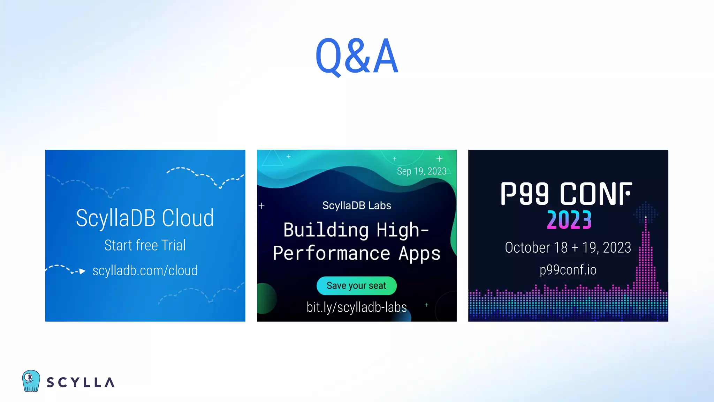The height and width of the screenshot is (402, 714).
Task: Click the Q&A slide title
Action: click(x=357, y=57)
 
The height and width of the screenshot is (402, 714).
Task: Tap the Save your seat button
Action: click(x=356, y=286)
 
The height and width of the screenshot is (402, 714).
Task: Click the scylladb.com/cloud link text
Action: click(x=145, y=271)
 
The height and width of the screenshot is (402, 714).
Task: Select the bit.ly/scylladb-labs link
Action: click(x=356, y=307)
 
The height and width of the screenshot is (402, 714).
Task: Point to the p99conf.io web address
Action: click(x=568, y=270)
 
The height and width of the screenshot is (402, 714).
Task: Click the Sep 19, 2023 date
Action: click(x=421, y=171)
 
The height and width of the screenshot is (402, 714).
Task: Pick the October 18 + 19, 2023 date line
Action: click(x=568, y=248)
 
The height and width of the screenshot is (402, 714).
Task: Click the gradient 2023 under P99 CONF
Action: click(x=569, y=220)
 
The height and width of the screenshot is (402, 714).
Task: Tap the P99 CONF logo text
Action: click(x=566, y=194)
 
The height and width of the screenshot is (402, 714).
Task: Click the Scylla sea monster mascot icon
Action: click(x=31, y=381)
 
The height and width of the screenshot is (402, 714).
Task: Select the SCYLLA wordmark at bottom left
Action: click(x=81, y=382)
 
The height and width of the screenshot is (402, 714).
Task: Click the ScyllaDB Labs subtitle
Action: click(x=356, y=206)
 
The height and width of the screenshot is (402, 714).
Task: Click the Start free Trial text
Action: click(x=145, y=245)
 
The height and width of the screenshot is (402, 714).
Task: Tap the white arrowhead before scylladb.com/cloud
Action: click(x=82, y=271)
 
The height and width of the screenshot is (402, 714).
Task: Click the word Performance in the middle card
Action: click(x=331, y=254)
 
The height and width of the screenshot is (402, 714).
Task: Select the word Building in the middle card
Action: click(x=326, y=230)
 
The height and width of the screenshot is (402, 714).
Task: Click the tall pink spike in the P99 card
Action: click(x=646, y=255)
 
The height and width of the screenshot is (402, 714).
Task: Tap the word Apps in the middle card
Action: click(x=419, y=254)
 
